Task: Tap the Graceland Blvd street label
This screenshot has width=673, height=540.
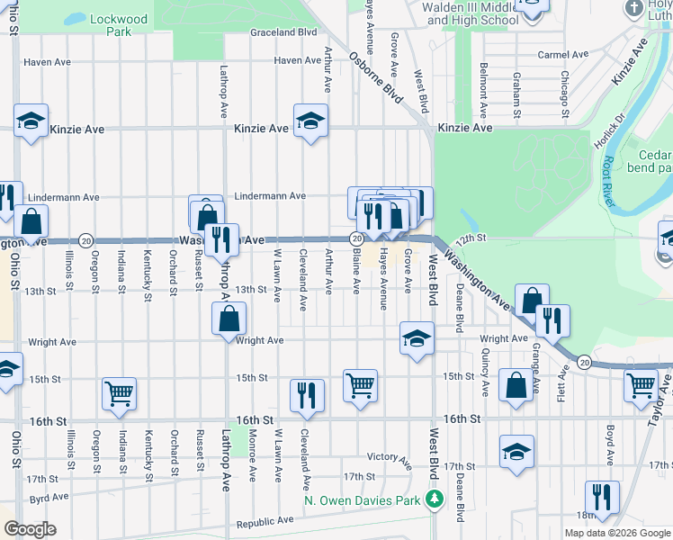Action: (x=284, y=32)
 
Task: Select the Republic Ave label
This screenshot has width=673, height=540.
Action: (x=265, y=521)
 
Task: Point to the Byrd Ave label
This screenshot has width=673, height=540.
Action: (x=49, y=497)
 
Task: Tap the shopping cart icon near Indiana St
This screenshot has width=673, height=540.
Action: (x=119, y=393)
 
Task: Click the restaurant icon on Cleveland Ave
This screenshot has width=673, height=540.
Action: (x=307, y=395)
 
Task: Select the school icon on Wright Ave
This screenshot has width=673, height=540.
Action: (x=416, y=338)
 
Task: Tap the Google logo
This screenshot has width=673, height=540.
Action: (x=31, y=529)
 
